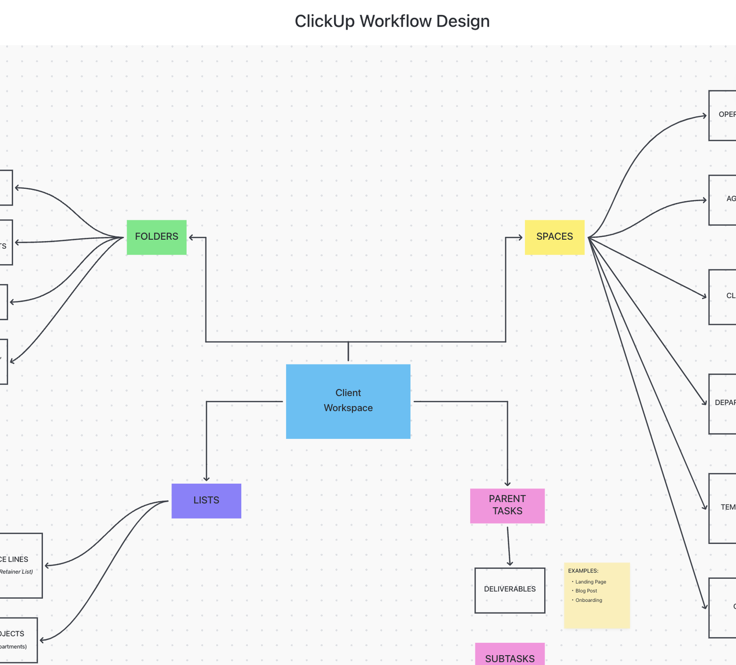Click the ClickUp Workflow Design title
[392, 21]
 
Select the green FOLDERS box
[157, 237]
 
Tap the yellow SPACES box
[554, 237]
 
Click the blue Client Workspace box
[348, 401]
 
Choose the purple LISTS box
[206, 501]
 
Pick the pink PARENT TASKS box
[507, 505]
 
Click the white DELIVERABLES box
[510, 590]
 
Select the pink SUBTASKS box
[510, 655]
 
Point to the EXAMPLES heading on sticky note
[583, 571]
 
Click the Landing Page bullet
[590, 582]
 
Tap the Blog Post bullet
[586, 591]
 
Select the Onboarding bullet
[588, 600]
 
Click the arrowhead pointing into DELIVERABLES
[510, 563]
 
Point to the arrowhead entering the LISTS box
[207, 479]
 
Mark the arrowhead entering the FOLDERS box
[192, 238]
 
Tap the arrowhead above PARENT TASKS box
[507, 484]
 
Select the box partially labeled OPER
[723, 115]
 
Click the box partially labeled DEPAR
[723, 404]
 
